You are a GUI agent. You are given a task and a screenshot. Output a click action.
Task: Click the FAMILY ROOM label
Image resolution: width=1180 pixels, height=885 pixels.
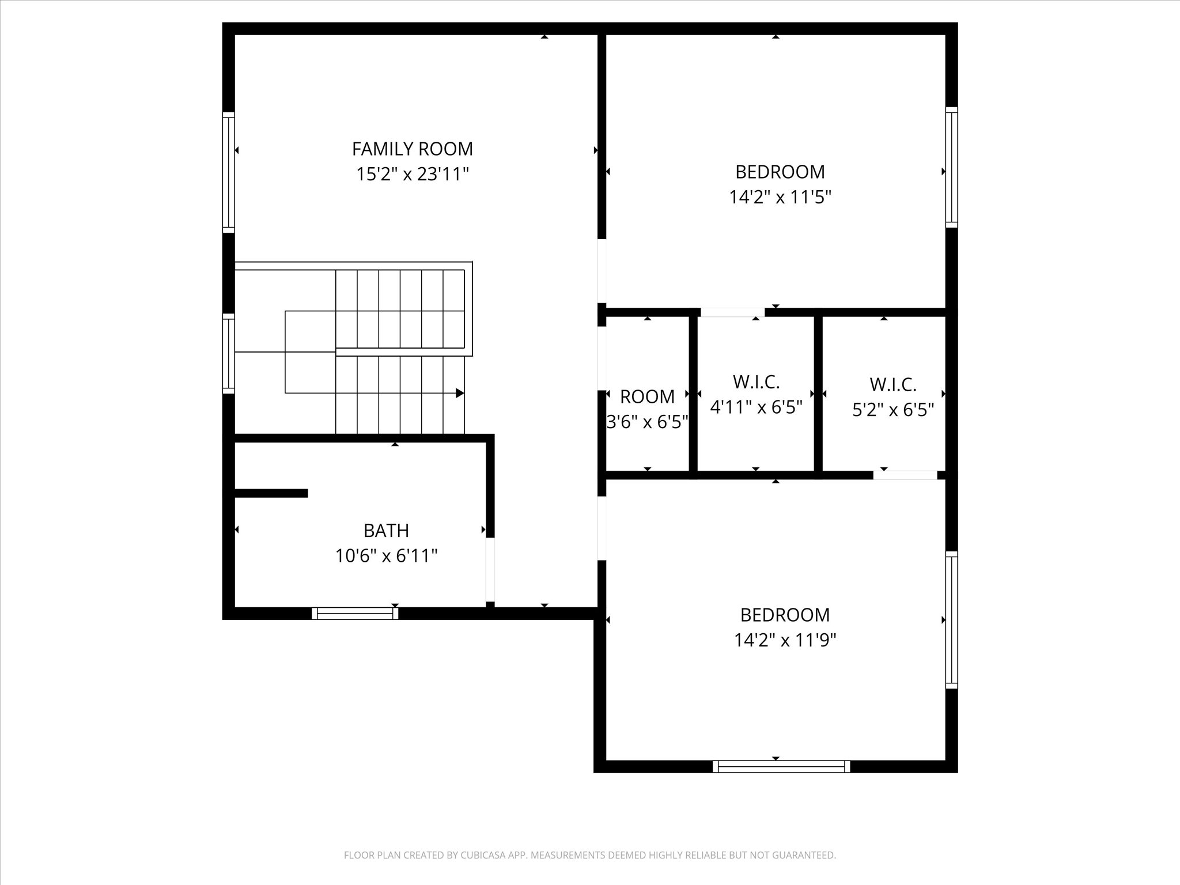click(412, 149)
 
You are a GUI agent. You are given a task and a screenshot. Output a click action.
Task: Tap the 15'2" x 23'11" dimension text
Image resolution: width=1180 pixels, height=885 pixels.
click(412, 174)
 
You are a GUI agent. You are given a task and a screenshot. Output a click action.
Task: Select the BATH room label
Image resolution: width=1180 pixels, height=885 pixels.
click(386, 530)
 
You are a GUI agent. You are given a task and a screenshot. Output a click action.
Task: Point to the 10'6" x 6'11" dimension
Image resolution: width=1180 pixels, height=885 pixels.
click(386, 556)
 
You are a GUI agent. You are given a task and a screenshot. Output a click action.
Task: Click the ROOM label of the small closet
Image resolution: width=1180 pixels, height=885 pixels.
click(647, 396)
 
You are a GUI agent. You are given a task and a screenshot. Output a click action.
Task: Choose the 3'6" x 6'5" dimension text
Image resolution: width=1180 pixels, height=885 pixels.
click(647, 422)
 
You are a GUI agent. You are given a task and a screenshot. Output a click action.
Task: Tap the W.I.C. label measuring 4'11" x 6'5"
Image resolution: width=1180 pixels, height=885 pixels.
click(756, 381)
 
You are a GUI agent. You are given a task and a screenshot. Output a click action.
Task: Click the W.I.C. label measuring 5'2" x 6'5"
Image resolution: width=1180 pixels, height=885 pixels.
click(892, 384)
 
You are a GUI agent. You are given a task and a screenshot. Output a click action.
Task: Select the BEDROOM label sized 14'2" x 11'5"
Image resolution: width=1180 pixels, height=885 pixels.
click(780, 172)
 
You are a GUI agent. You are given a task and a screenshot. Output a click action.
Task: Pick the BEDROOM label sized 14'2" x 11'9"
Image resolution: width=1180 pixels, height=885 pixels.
click(785, 615)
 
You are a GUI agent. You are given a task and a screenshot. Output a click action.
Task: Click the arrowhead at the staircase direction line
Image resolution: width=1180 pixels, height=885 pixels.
click(460, 393)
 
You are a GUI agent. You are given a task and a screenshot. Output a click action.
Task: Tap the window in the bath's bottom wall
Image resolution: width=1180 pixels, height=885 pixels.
click(355, 614)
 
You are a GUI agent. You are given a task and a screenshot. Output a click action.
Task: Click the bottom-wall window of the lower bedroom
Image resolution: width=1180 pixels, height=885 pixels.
click(781, 766)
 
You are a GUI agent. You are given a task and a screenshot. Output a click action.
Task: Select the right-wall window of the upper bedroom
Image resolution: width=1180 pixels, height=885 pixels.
click(951, 167)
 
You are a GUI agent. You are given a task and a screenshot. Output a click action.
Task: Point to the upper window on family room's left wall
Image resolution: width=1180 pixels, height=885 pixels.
click(229, 172)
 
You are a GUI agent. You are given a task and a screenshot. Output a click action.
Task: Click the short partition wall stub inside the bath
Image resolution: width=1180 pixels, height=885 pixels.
click(271, 493)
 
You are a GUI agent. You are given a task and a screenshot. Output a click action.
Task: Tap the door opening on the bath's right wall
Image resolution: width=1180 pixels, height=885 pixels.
click(490, 569)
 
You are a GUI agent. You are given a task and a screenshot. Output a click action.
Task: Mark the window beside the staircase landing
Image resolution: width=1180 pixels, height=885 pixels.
click(229, 353)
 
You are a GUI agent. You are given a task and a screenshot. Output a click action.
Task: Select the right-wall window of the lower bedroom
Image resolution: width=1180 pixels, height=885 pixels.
click(951, 619)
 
